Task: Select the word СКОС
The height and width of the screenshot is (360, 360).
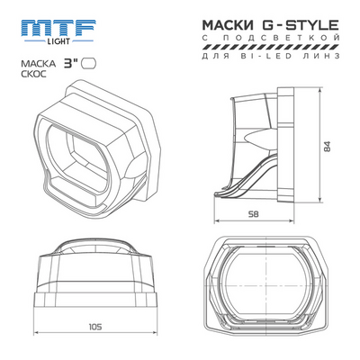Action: click(34, 76)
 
